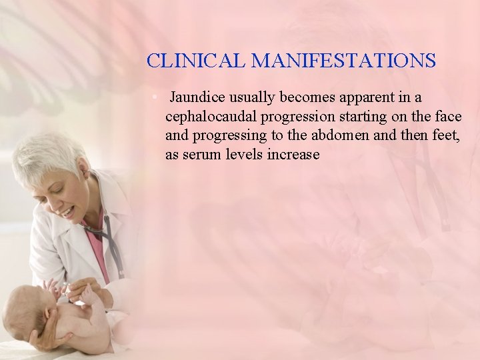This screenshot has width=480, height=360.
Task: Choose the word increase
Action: coord(293,155)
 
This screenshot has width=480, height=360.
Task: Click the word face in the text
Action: coord(447,117)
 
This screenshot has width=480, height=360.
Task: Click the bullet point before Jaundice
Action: coord(154,97)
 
